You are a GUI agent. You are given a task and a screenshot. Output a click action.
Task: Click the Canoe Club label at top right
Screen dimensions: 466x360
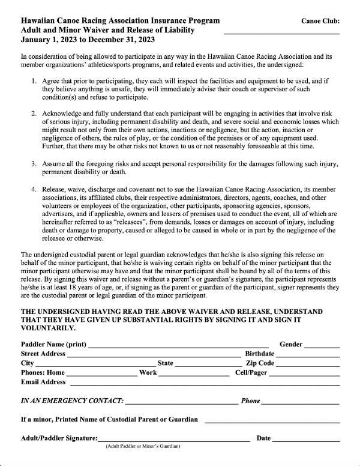tap(320, 20)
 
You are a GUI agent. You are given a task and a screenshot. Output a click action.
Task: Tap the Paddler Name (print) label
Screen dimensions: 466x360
tap(53, 345)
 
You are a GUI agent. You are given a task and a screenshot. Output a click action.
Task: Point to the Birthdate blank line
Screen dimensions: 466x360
tap(308, 356)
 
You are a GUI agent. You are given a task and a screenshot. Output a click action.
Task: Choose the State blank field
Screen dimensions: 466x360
tap(208, 365)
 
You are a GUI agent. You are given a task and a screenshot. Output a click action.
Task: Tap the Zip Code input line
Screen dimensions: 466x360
tap(308, 365)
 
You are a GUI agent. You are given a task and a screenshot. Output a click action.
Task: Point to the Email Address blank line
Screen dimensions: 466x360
tap(204, 384)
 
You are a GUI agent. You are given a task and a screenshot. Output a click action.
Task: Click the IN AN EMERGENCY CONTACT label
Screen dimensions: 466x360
tap(72, 401)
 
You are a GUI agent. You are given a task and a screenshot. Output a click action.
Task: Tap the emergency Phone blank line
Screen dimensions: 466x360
tap(301, 402)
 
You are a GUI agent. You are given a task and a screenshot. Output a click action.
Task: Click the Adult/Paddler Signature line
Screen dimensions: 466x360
tap(173, 440)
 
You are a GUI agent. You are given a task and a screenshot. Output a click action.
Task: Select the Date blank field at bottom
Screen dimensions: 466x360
tap(306, 440)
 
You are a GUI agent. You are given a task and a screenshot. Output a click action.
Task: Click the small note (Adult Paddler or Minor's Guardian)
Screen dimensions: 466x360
tap(143, 446)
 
